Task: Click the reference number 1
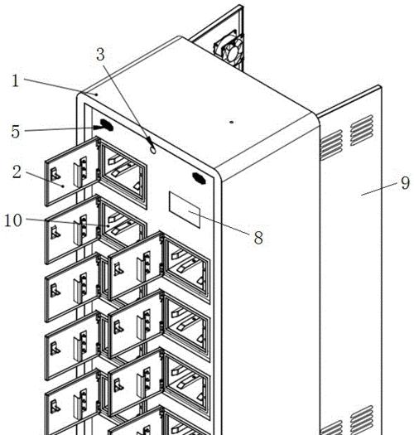click(16, 81)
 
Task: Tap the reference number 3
click(101, 55)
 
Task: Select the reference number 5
click(16, 132)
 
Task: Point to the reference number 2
click(17, 172)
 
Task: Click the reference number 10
click(13, 220)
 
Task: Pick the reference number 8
click(258, 238)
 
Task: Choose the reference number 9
click(405, 183)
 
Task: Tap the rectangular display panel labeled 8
click(185, 210)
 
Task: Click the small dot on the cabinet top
click(232, 122)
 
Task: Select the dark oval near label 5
click(107, 125)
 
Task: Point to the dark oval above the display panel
click(199, 178)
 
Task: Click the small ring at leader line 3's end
click(153, 150)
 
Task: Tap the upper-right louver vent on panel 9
click(362, 130)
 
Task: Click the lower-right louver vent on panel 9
click(362, 419)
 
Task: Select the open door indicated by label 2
click(72, 172)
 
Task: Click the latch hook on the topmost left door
click(55, 174)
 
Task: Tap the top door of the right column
click(135, 267)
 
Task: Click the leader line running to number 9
click(379, 189)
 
